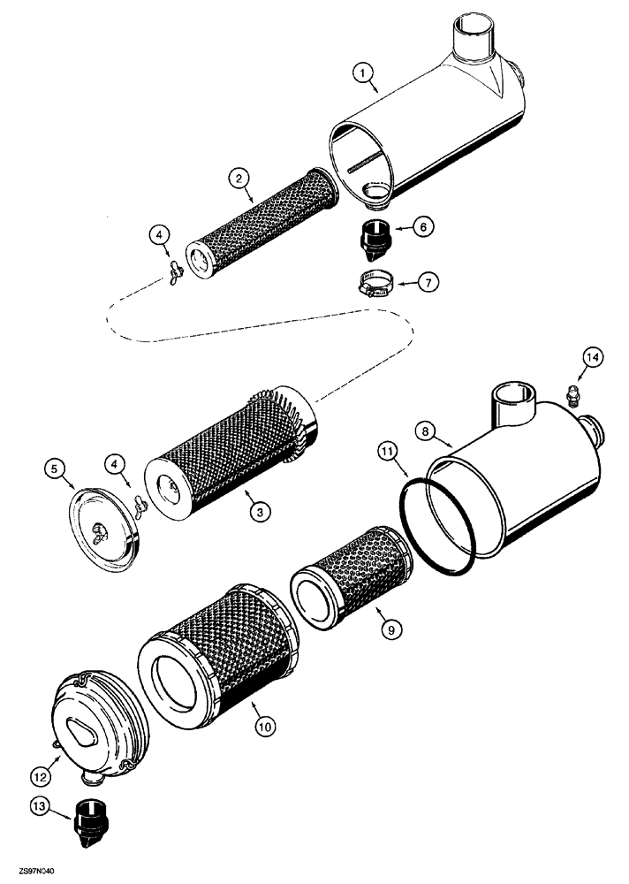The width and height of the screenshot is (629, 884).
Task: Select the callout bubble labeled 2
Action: pyautogui.click(x=238, y=179)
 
